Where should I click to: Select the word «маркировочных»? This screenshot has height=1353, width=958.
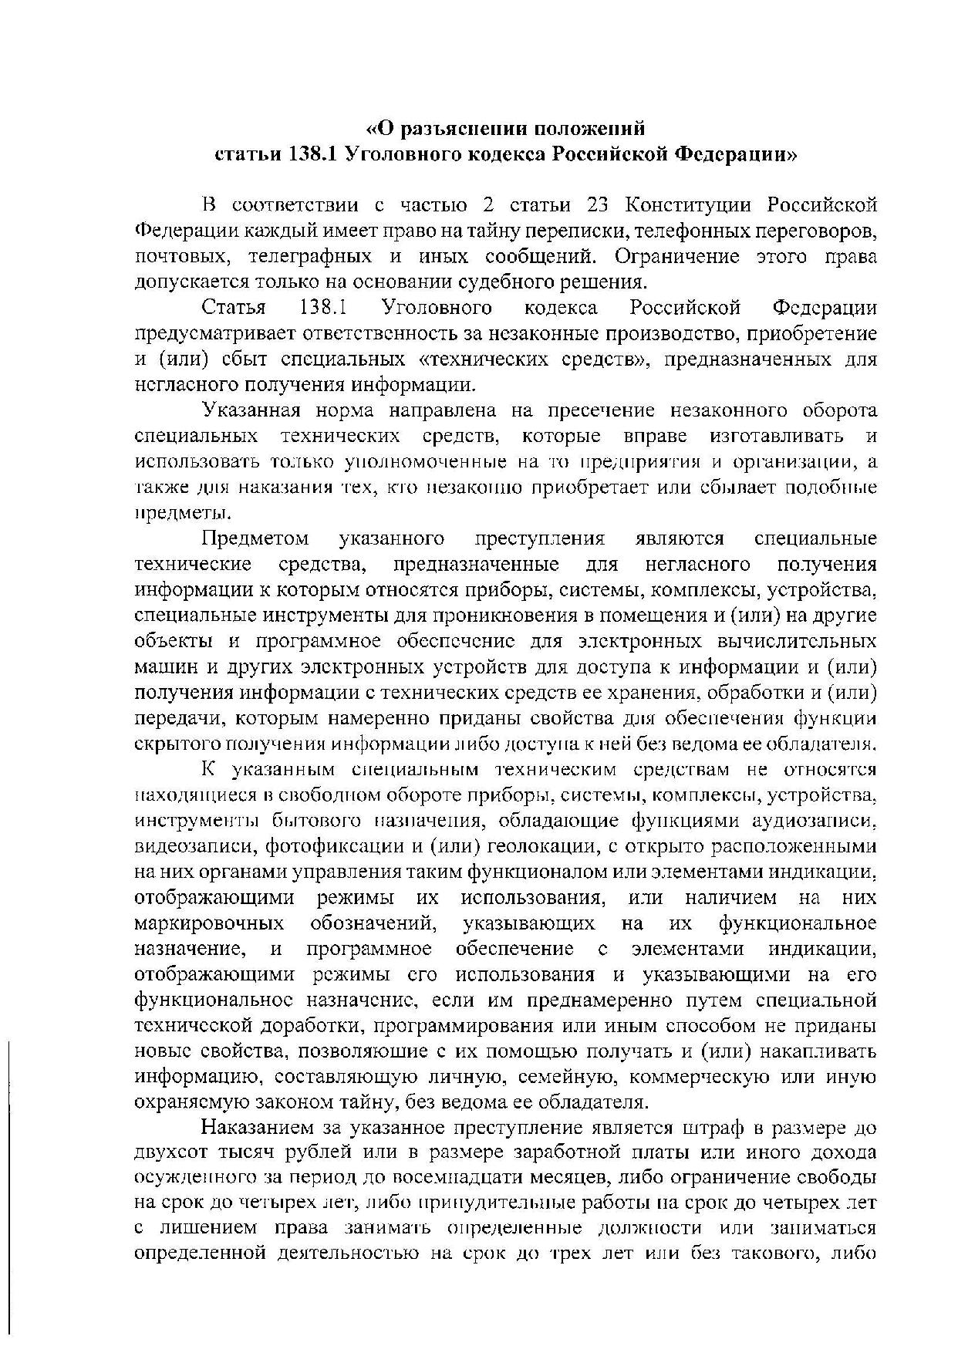pos(209,923)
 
